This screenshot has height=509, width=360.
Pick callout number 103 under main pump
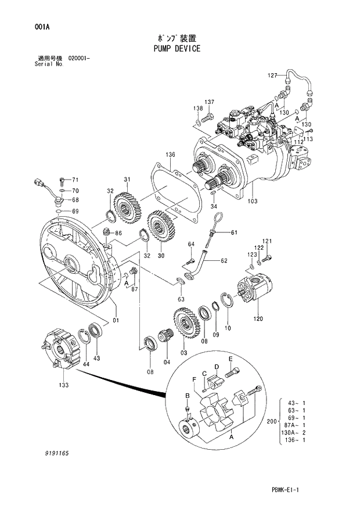(252, 202)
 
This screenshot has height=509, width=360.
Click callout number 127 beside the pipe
(273, 76)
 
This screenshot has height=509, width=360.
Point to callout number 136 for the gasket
(170, 155)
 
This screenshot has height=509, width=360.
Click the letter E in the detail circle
(230, 359)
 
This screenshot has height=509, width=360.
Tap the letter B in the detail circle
(186, 396)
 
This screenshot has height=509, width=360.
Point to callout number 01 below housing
(116, 320)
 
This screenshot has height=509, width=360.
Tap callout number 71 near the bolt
(75, 180)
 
